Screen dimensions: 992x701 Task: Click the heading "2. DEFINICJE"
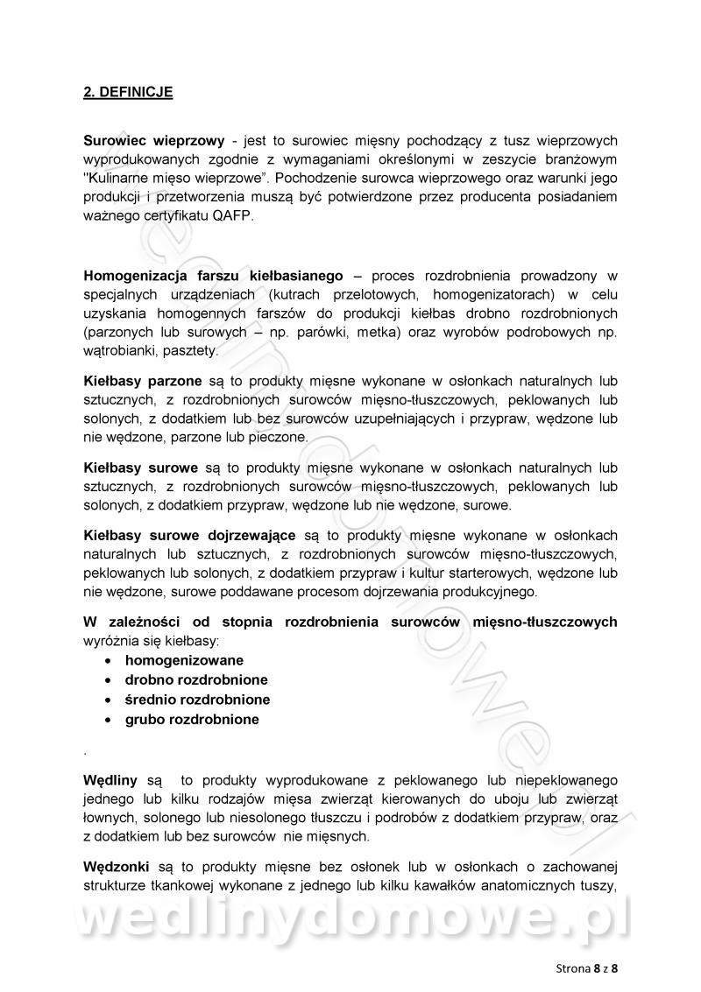click(128, 92)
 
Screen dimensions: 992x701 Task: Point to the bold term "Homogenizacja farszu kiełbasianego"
click(213, 275)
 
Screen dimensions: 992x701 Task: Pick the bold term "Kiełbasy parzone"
click(142, 381)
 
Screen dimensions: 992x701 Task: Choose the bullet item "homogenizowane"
click(184, 660)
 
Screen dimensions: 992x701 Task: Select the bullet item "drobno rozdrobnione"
click(196, 679)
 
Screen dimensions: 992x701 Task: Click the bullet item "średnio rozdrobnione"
click(197, 700)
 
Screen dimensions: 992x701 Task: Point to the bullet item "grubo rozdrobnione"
click(192, 720)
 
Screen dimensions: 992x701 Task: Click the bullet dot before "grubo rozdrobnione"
click(107, 721)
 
